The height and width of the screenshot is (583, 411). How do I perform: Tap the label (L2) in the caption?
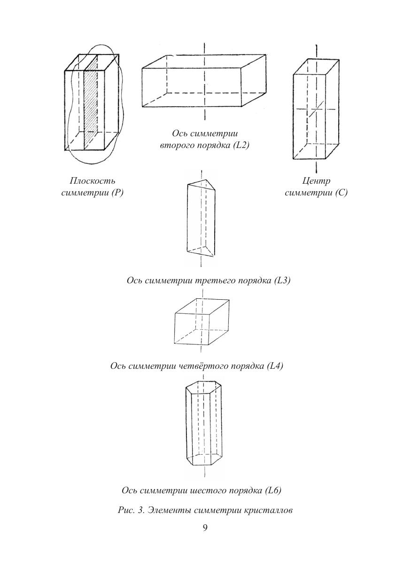240,146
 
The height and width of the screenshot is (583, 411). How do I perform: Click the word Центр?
316,181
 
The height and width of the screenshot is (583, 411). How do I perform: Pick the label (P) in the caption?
117,193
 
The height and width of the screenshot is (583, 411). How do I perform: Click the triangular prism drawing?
201,218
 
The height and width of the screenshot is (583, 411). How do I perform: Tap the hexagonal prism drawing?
203,425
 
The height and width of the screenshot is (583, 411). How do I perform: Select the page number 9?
205,528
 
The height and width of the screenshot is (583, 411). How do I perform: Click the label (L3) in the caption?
282,280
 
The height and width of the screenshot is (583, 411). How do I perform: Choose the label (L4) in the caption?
274,366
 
